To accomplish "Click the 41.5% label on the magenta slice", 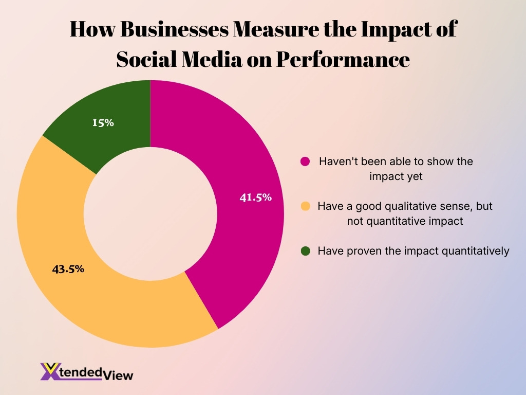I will pyautogui.click(x=255, y=197).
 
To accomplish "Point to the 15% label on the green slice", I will pyautogui.click(x=103, y=123).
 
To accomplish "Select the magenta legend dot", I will pyautogui.click(x=305, y=161).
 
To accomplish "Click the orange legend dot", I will pyautogui.click(x=305, y=206).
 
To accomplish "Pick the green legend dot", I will pyautogui.click(x=305, y=252).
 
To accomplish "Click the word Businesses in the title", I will pyautogui.click(x=174, y=30).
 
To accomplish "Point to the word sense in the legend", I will pyautogui.click(x=433, y=206).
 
